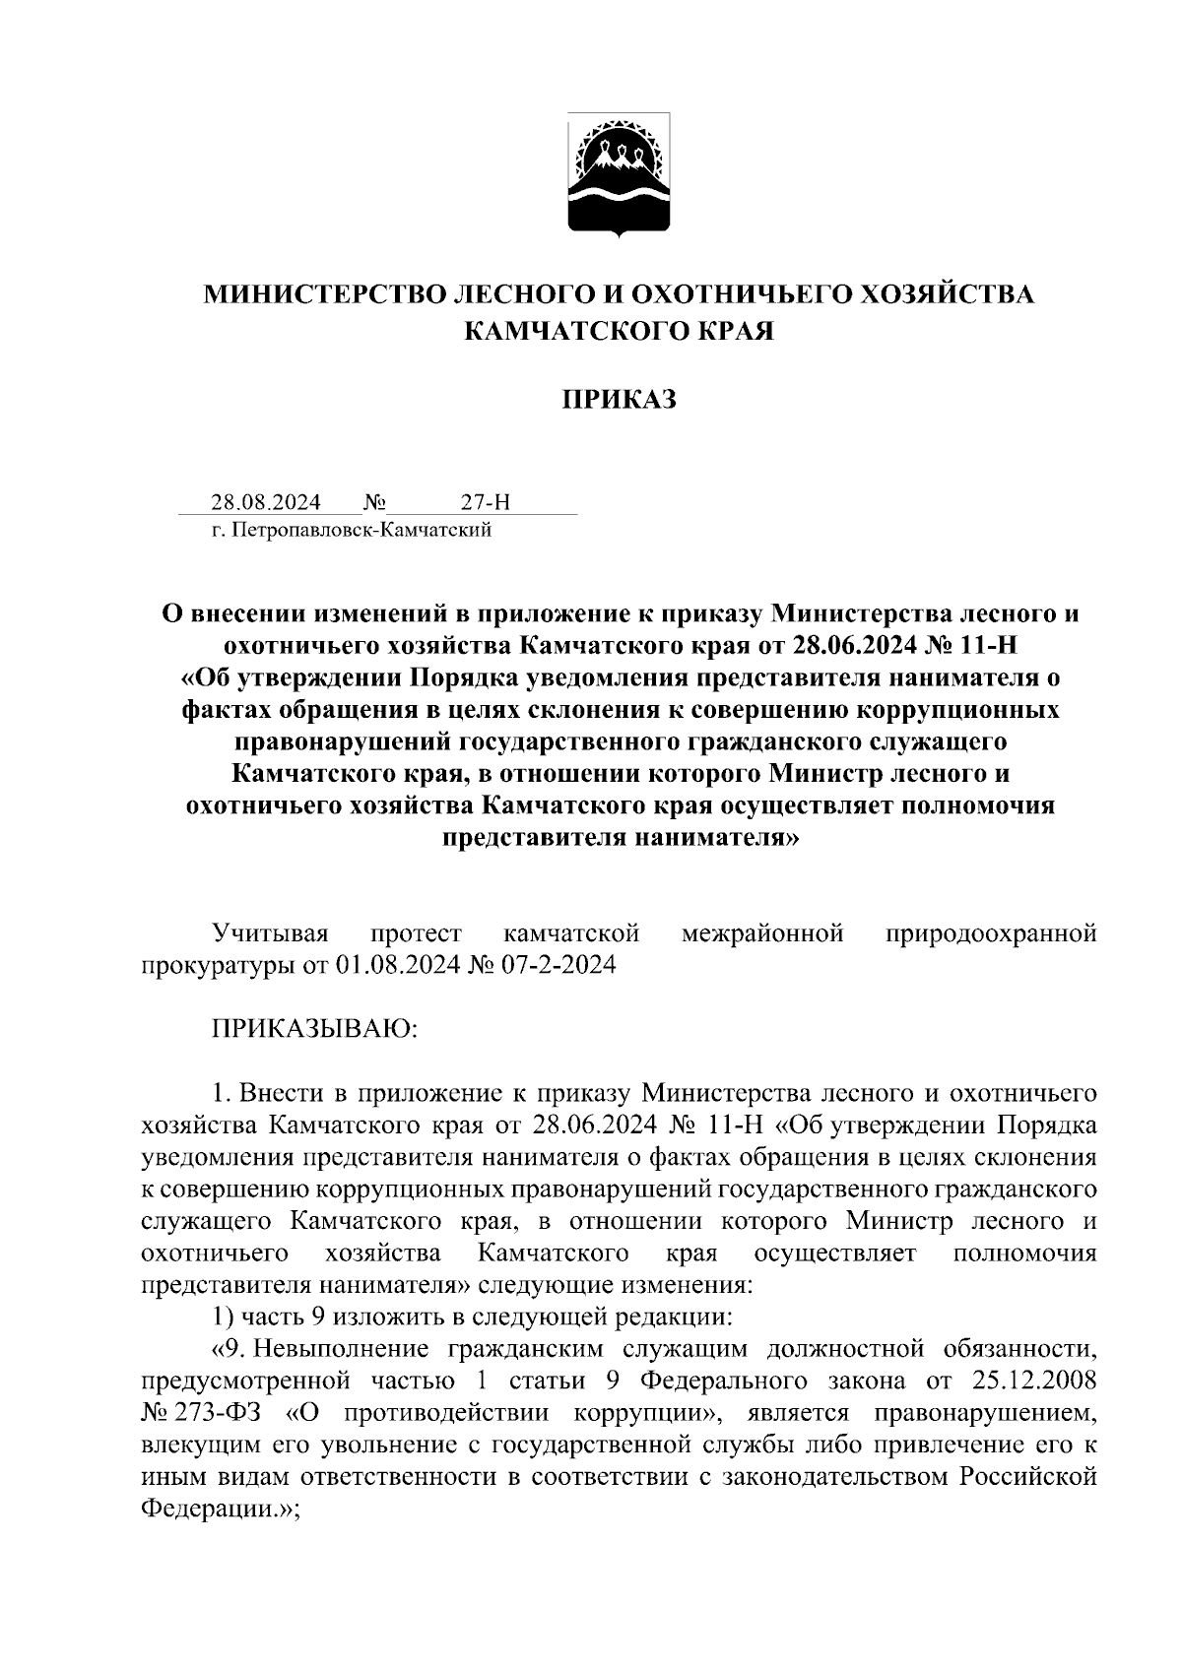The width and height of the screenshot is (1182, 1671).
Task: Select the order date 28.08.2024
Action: point(266,503)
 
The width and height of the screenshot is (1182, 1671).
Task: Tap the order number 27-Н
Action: point(486,503)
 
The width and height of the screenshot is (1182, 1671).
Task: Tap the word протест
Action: point(416,932)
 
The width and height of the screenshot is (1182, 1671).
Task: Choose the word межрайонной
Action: point(762,932)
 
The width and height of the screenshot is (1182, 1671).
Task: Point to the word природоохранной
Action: point(991,932)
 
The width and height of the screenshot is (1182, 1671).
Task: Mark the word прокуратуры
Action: point(216,964)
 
